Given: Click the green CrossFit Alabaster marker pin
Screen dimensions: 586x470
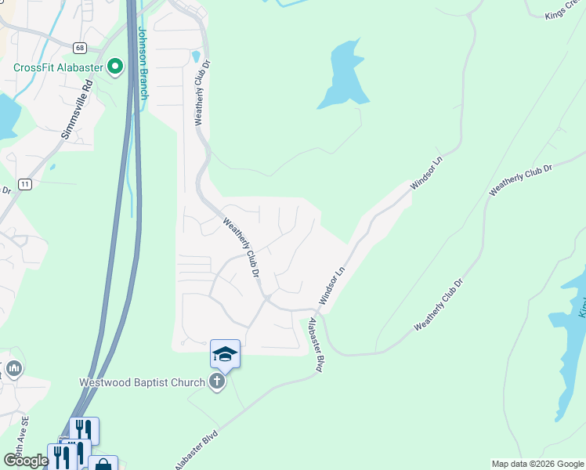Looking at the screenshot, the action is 116,67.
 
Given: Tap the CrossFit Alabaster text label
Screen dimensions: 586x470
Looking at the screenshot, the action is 58,67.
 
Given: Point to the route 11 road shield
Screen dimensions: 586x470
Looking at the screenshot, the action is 25,184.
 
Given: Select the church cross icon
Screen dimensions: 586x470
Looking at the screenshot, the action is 217,381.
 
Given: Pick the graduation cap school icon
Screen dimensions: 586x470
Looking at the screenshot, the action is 225,355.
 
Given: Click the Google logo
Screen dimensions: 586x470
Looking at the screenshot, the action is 26,461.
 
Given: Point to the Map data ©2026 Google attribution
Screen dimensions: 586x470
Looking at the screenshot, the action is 537,464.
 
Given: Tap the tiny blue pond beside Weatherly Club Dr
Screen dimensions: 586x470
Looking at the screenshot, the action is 194,56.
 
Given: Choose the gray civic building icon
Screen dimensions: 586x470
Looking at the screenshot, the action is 13,367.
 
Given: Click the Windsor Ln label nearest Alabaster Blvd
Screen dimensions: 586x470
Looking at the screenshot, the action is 332,287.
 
